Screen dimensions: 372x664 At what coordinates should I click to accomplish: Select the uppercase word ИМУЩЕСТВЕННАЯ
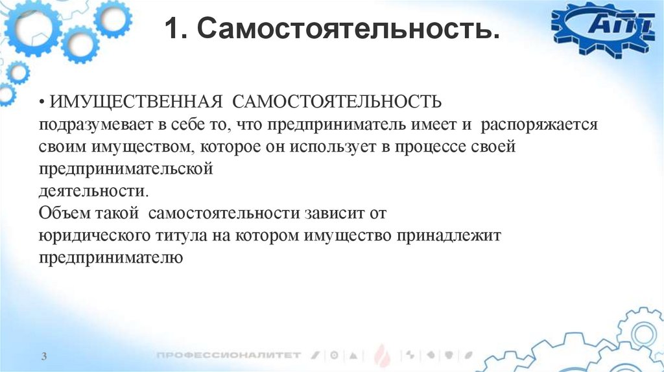pos(137,102)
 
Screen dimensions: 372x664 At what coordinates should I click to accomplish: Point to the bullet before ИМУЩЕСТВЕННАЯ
pos(41,102)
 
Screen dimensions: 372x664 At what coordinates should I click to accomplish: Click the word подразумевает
pos(86,124)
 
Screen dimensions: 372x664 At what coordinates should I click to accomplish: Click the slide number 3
pos(43,356)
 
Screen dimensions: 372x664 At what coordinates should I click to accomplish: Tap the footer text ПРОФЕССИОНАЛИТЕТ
pos(229,355)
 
